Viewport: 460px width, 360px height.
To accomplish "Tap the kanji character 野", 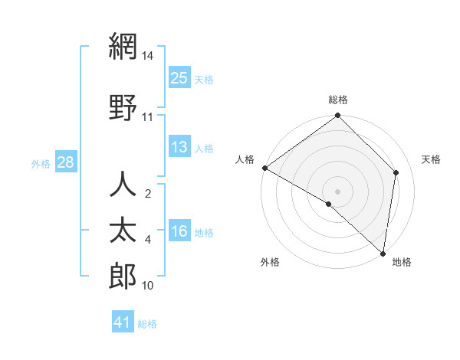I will click(x=123, y=107).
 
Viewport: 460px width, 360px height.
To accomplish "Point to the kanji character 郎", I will click(x=123, y=277).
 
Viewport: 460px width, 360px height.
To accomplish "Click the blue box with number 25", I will click(x=179, y=78).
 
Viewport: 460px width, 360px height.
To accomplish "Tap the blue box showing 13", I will click(x=179, y=147).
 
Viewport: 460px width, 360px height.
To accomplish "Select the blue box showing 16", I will click(x=179, y=231).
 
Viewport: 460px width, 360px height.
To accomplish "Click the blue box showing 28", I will click(x=65, y=162).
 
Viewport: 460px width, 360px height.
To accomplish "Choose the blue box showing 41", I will click(x=123, y=322).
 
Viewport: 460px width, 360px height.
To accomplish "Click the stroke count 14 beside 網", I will click(x=147, y=56).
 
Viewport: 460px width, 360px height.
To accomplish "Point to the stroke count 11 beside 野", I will click(x=147, y=117).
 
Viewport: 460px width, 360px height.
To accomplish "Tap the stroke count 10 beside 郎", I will click(x=147, y=286).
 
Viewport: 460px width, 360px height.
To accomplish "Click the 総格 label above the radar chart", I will click(x=337, y=100).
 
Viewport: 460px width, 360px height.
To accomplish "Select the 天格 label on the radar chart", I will click(x=431, y=159).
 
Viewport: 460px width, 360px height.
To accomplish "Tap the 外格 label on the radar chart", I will click(x=270, y=263).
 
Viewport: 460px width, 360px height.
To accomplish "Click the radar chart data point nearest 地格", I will click(x=383, y=253).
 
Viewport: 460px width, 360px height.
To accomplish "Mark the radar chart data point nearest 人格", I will click(x=264, y=168).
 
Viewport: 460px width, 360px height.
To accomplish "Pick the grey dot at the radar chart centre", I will click(x=337, y=191).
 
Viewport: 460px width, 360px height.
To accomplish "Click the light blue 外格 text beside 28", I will click(x=40, y=163).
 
